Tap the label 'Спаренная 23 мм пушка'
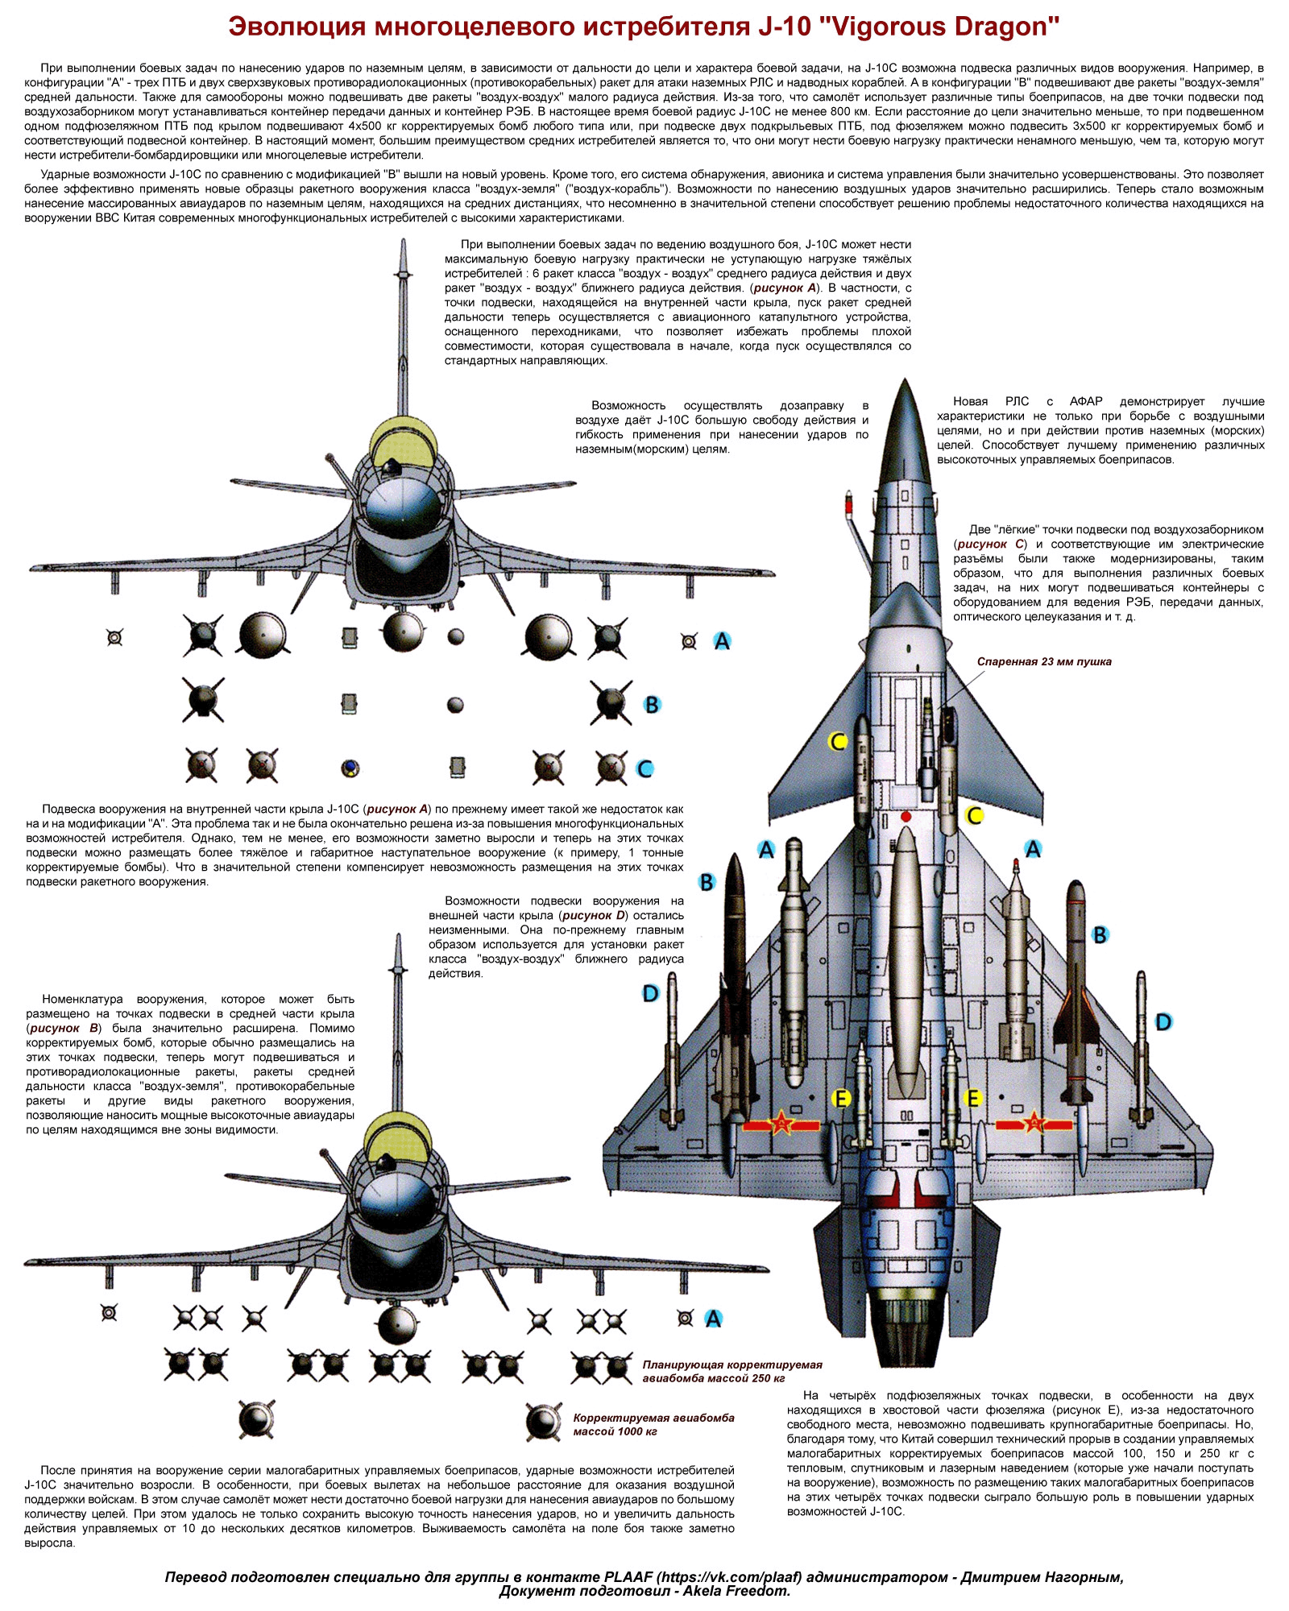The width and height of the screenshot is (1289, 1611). (1044, 661)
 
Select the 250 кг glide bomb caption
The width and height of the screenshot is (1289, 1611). (732, 1371)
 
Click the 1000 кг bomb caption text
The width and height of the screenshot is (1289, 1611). (653, 1424)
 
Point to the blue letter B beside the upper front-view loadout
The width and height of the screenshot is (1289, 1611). (652, 705)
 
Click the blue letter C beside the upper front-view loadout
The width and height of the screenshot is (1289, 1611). (644, 768)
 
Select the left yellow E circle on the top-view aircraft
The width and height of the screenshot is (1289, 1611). (841, 1098)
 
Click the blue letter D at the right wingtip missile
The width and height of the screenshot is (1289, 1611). (1163, 1022)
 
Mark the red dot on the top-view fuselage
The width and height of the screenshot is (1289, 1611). (906, 816)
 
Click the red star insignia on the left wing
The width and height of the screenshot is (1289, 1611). (781, 1123)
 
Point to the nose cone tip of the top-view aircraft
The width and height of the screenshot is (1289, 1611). (906, 380)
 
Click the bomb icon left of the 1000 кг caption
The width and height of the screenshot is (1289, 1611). (542, 1423)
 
